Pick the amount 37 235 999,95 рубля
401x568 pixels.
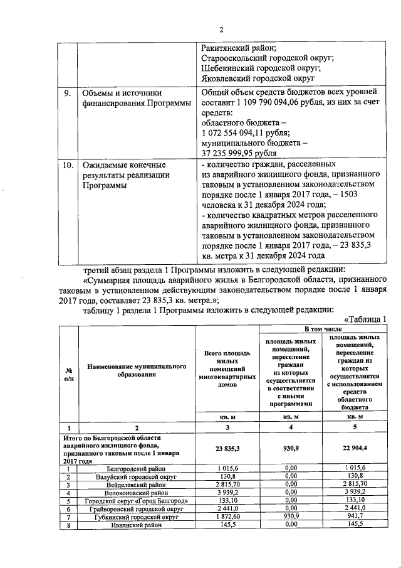pyautogui.click(x=237, y=153)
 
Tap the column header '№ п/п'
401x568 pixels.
pyautogui.click(x=68, y=375)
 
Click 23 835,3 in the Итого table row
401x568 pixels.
pyautogui.click(x=227, y=449)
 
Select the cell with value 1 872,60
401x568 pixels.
pyautogui.click(x=227, y=518)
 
